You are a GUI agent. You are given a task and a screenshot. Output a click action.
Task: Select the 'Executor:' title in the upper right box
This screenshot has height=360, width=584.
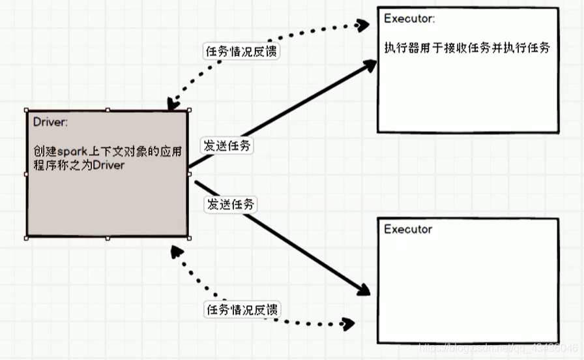pos(409,19)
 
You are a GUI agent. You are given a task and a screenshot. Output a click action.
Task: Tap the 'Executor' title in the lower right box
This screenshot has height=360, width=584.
pos(407,230)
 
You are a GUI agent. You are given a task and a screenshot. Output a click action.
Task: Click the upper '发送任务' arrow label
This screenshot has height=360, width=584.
pos(227,146)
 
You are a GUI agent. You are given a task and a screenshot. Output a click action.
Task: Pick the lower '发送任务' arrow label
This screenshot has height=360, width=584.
pos(231,204)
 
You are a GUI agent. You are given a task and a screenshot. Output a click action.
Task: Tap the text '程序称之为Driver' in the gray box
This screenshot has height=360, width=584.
pos(79,165)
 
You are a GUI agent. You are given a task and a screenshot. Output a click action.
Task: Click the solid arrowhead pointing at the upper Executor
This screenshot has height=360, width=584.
pos(370,65)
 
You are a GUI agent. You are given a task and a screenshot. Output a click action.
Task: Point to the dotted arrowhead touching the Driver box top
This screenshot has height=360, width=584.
pos(173,104)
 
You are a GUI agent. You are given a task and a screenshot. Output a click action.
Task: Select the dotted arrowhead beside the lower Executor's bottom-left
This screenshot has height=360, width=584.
pos(347,323)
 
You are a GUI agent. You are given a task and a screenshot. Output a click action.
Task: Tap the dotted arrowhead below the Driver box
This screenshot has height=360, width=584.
pos(175,250)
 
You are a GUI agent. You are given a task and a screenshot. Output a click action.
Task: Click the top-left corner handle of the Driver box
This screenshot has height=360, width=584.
pos(26,110)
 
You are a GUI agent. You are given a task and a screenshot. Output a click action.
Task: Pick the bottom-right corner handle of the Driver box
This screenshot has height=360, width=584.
pos(189,238)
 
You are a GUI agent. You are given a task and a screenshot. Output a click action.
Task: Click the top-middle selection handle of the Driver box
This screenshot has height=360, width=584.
pos(108,110)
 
